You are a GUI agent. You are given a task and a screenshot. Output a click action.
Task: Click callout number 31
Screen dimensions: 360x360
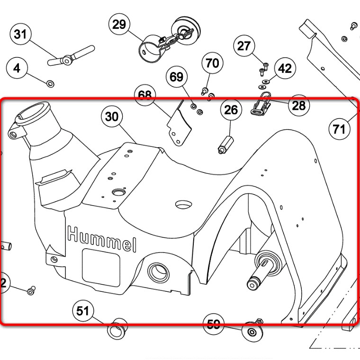(20, 35)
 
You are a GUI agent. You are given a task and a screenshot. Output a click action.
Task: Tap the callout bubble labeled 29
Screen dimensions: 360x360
(119, 24)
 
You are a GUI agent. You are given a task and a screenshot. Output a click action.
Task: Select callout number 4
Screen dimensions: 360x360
(17, 68)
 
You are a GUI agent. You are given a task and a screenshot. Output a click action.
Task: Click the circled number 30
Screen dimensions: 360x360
(112, 117)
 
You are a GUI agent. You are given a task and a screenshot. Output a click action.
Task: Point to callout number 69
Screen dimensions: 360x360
(176, 77)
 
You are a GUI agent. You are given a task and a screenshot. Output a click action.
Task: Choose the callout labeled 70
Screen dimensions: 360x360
(213, 63)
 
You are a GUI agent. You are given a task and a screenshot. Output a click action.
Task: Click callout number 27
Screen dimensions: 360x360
(243, 46)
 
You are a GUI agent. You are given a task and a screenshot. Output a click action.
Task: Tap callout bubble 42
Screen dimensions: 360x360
(285, 69)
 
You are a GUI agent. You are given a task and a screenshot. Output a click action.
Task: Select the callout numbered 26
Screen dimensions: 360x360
(231, 110)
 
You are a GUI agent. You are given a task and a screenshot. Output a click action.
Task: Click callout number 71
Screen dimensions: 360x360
(339, 128)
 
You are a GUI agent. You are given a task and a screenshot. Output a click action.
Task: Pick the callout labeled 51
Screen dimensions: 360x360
(83, 311)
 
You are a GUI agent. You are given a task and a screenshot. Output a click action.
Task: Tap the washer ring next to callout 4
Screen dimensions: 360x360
(50, 84)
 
